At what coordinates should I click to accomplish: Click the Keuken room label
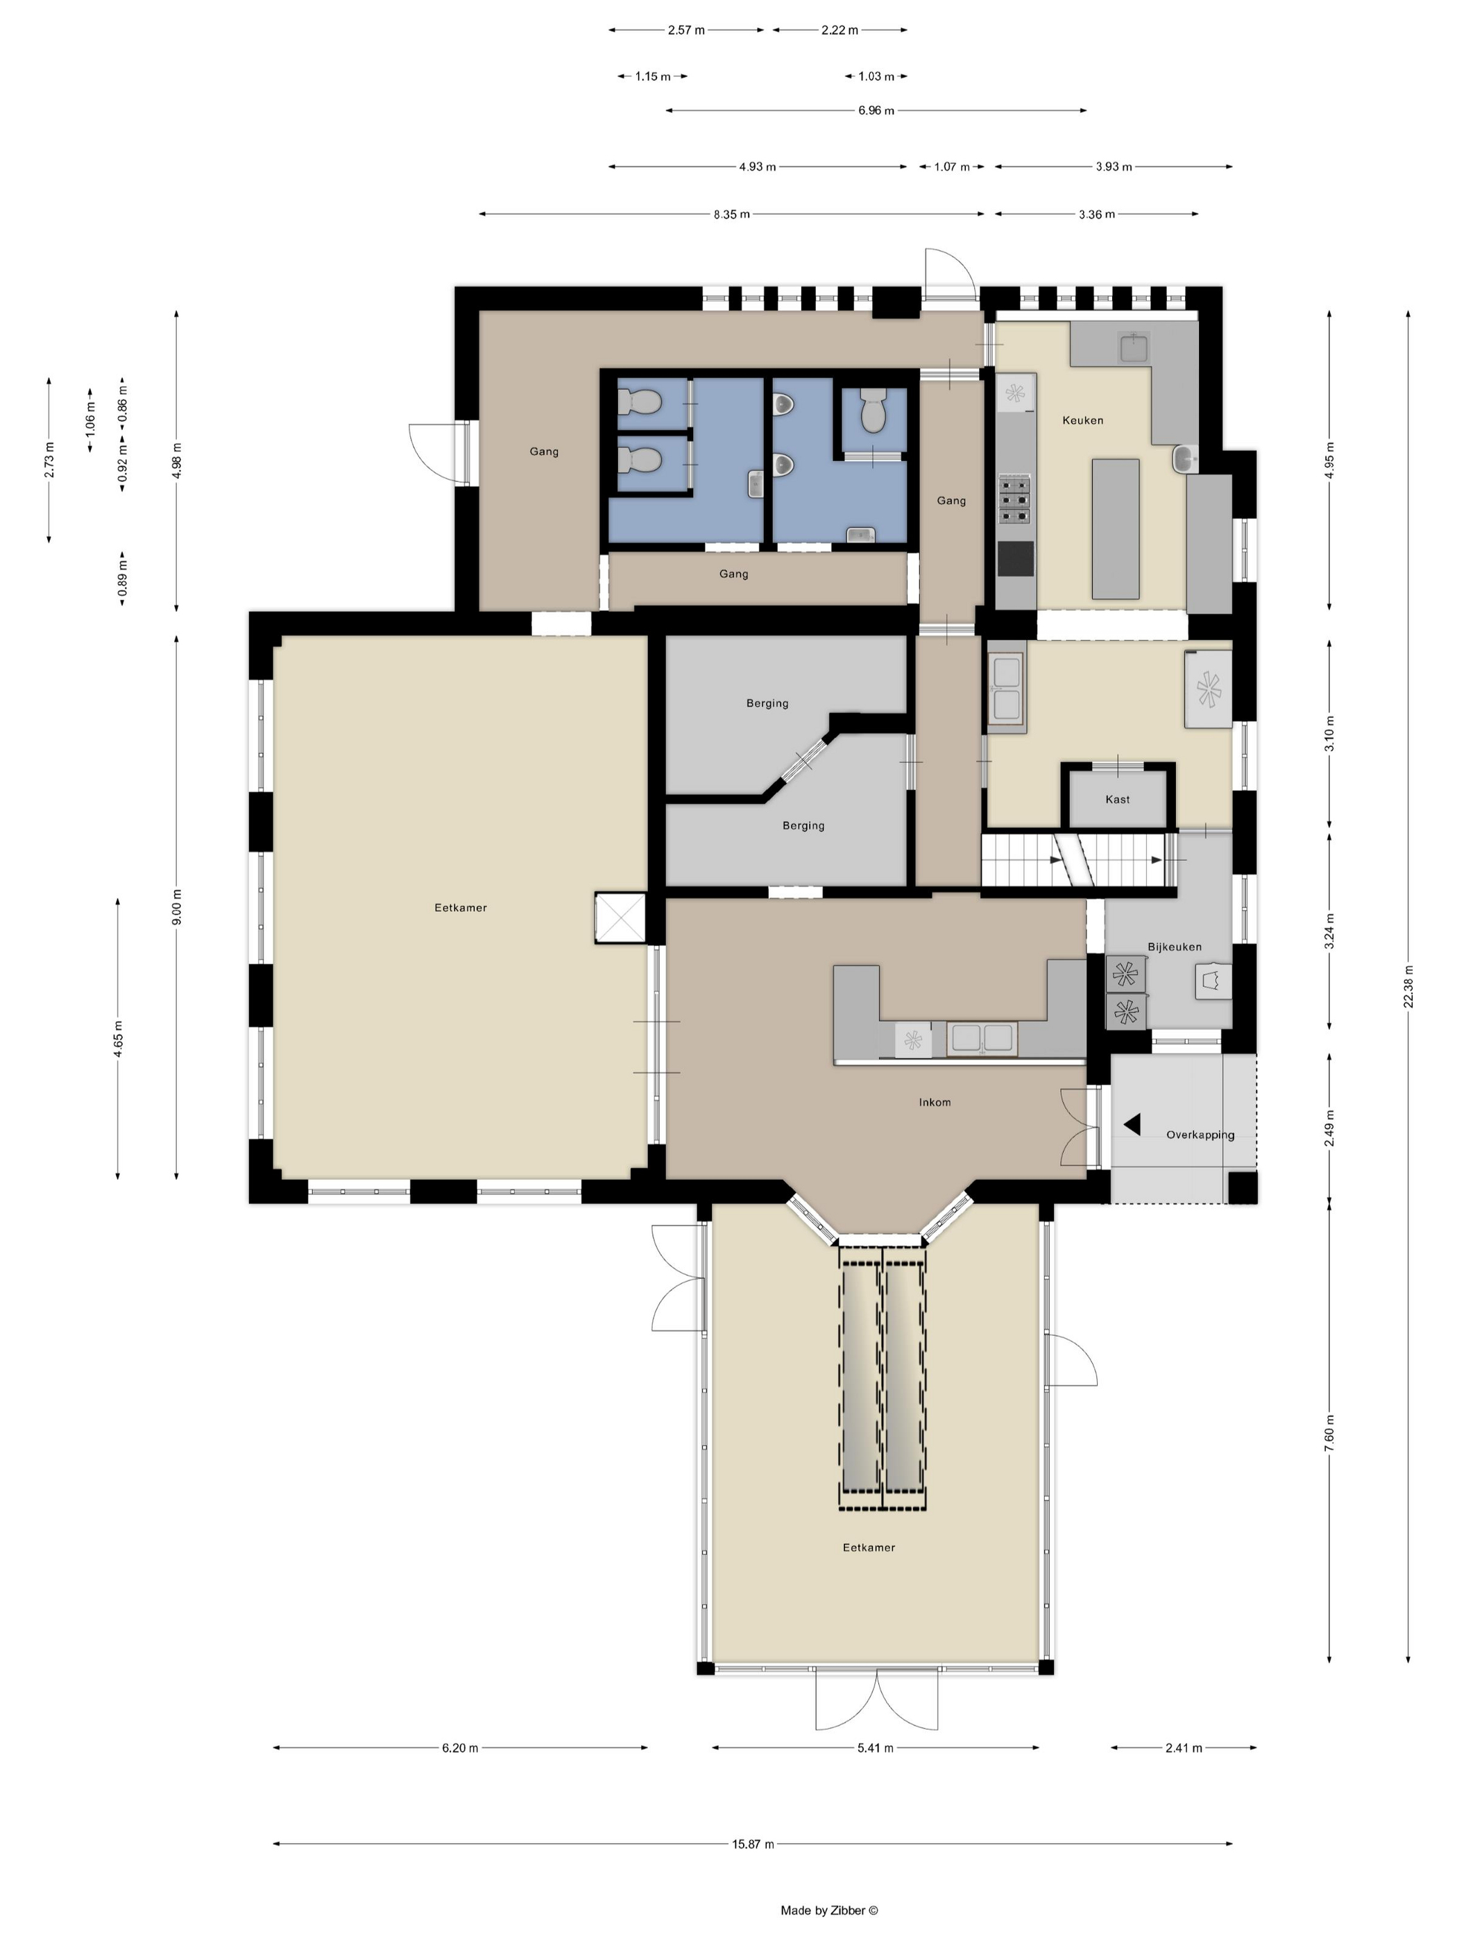1082,420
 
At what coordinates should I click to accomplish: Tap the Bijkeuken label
1174,947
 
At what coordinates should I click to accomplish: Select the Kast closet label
1117,799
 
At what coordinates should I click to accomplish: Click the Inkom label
935,1102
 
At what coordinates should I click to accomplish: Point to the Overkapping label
1200,1134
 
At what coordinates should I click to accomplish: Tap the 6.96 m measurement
876,110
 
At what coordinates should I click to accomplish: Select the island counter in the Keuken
1116,529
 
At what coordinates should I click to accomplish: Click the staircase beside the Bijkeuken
1078,861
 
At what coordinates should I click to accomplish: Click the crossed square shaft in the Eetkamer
620,918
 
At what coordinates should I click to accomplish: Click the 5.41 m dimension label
875,1747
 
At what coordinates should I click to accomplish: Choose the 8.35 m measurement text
731,214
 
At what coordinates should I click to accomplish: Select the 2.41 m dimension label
1183,1747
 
